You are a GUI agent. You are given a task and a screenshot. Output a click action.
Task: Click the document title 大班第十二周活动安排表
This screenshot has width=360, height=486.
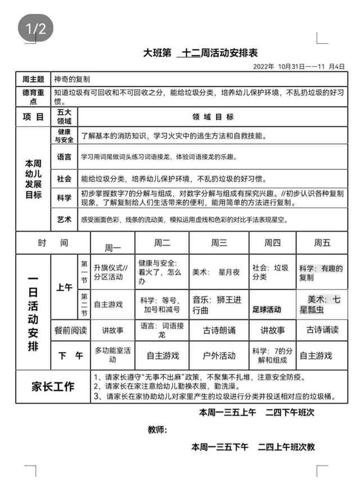tap(200, 53)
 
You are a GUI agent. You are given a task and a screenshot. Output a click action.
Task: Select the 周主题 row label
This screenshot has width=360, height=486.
tap(33, 79)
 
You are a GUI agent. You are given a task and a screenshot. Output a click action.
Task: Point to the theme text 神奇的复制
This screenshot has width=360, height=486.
tap(71, 79)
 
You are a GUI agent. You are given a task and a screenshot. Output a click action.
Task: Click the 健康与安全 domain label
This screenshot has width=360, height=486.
tap(65, 136)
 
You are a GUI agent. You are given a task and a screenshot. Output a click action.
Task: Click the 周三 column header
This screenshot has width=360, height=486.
tap(219, 243)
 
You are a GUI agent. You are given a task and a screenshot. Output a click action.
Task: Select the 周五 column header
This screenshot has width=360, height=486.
tap(322, 243)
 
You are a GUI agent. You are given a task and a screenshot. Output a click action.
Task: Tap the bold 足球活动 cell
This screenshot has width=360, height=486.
tap(267, 309)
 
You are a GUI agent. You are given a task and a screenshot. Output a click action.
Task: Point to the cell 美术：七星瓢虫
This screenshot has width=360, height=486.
tap(322, 304)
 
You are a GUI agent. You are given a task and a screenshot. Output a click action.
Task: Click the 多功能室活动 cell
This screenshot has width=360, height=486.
tap(112, 354)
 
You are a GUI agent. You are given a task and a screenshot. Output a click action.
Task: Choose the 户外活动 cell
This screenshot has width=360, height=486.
tap(219, 355)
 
